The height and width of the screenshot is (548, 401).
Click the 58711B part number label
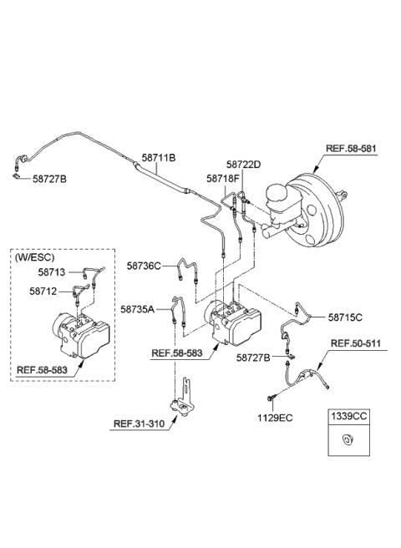click(159, 156)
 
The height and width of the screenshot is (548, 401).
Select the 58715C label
click(346, 317)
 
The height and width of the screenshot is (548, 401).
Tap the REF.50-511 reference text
click(357, 342)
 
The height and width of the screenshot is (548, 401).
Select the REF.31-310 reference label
click(140, 423)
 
